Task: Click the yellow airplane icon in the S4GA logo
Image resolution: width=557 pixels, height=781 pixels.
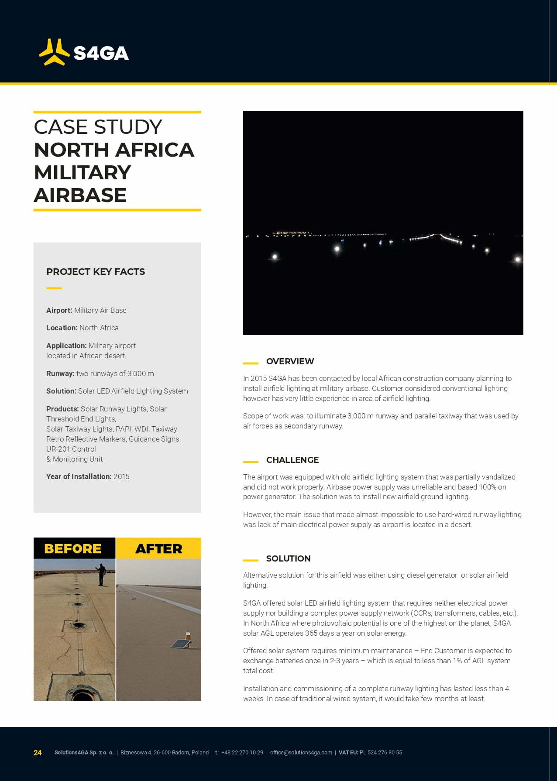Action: [x=54, y=52]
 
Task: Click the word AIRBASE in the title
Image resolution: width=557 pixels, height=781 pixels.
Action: [x=80, y=195]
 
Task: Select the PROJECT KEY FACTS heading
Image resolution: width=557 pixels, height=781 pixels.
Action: [x=96, y=272]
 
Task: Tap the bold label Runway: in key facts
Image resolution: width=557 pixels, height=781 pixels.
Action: [x=60, y=373]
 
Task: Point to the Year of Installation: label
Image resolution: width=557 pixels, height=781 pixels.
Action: [x=79, y=476]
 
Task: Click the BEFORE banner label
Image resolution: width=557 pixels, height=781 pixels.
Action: [x=73, y=548]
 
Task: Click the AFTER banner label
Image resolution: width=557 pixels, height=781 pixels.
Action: [x=158, y=548]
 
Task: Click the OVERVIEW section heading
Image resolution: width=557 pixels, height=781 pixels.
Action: [x=290, y=361]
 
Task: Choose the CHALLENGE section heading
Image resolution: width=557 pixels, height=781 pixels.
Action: [x=292, y=460]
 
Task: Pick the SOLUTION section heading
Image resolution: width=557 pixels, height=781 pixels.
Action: [x=288, y=558]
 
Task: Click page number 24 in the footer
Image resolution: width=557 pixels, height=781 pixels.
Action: [x=38, y=753]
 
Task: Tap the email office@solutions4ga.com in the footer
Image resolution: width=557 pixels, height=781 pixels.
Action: [x=301, y=753]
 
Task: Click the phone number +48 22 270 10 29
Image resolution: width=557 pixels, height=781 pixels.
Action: [x=242, y=753]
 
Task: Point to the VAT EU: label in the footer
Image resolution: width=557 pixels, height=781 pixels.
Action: [x=348, y=753]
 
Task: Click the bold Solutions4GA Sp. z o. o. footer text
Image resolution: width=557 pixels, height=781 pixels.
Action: [x=84, y=753]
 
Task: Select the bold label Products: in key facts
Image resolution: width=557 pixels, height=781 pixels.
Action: [x=62, y=409]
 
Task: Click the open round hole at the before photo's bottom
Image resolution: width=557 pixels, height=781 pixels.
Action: [x=82, y=693]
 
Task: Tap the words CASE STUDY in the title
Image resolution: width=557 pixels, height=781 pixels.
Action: [x=98, y=127]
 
